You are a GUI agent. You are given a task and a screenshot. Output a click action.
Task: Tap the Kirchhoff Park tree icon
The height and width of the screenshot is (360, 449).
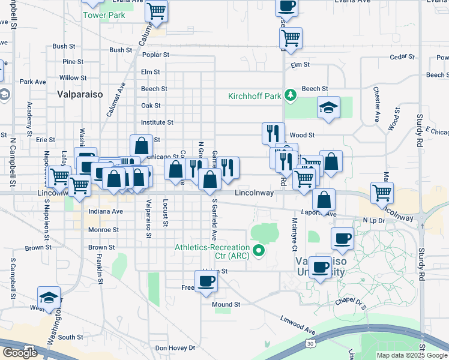coord(291,95)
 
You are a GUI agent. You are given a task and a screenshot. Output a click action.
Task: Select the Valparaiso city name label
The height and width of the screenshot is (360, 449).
coord(80,94)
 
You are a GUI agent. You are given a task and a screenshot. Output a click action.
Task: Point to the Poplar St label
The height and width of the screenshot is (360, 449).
coord(155,55)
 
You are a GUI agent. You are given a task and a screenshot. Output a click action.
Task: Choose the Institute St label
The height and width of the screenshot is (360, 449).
coord(157,122)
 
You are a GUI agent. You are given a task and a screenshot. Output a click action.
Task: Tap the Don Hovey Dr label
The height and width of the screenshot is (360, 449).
coord(175,348)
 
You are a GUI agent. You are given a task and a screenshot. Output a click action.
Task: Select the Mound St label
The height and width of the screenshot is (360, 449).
coord(226,305)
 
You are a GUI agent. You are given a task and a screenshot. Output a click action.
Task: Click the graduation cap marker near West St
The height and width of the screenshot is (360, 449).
coord(49,298)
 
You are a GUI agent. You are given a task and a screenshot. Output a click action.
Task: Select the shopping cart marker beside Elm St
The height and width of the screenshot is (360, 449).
coord(291,38)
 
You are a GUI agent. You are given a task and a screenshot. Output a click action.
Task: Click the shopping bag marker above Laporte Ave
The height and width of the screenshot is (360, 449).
coord(324,201)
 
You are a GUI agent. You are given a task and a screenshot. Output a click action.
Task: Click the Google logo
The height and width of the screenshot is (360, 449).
coord(20,352)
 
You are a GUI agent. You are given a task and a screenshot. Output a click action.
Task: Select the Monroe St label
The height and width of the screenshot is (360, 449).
coord(103,230)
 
